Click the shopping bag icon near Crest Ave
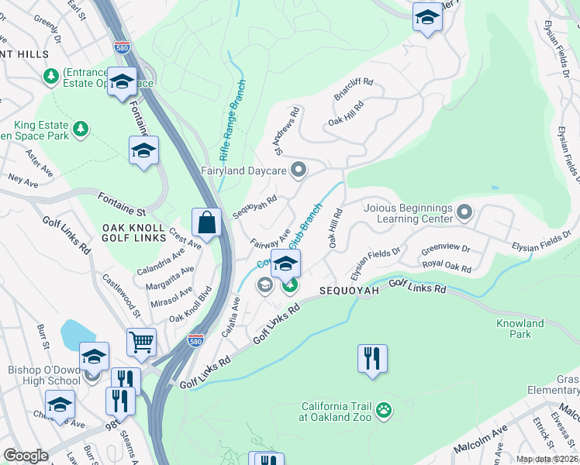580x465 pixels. coord(207,222)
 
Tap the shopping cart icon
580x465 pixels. coord(141,340)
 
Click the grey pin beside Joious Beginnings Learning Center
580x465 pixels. coord(464,212)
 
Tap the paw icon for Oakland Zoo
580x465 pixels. coord(383,408)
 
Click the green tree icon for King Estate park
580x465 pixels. coord(81,128)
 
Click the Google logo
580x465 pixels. coord(26,456)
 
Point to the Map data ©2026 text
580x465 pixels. coord(546,459)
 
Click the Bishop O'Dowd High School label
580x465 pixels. coord(42,375)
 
